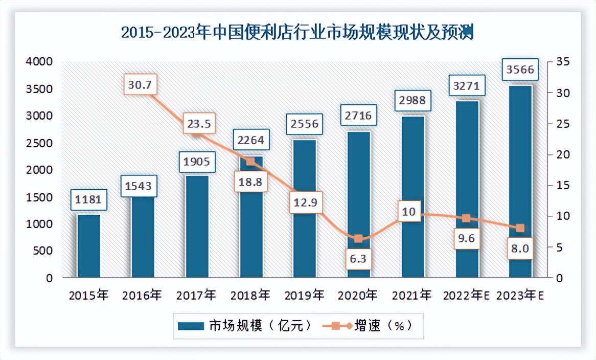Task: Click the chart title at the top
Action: pyautogui.click(x=298, y=33)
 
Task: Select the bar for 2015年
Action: pyautogui.click(x=88, y=245)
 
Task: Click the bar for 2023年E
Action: pyautogui.click(x=521, y=182)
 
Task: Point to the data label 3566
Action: pyautogui.click(x=521, y=70)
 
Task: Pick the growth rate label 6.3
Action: pyautogui.click(x=359, y=259)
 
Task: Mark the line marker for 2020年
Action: pyautogui.click(x=358, y=239)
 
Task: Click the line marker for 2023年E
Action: pyautogui.click(x=520, y=228)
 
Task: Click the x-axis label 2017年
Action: pyautogui.click(x=196, y=295)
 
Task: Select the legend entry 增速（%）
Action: pyautogui.click(x=365, y=325)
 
